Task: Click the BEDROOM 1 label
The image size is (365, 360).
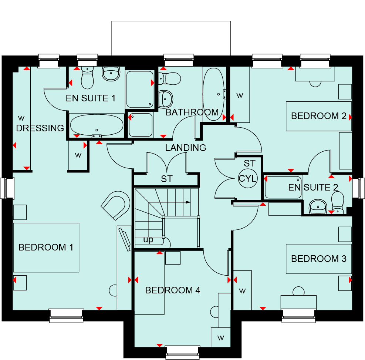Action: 46,247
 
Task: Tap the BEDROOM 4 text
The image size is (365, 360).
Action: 172,290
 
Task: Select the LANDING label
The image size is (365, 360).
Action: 186,148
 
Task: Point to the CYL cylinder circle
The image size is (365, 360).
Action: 248,179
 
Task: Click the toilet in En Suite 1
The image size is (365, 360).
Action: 87,78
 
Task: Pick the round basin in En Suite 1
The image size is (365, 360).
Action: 111,74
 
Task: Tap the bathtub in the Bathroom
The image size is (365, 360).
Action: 213,94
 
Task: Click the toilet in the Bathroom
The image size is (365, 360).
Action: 170,78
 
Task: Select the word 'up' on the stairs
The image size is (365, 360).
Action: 148,240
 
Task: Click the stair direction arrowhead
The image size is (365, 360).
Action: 188,202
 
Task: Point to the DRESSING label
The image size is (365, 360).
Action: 40,128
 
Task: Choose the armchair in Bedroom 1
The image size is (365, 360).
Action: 115,205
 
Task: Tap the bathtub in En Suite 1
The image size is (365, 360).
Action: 97,125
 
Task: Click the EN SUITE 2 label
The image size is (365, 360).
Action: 313,187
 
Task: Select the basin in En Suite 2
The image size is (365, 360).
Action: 318,206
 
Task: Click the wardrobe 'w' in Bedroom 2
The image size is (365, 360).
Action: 240,95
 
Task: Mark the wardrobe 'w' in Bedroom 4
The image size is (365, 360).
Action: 221,338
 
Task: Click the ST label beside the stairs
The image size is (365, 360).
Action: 167,179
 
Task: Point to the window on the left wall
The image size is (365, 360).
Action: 7,188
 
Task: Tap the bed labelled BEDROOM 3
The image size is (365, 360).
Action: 319,259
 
